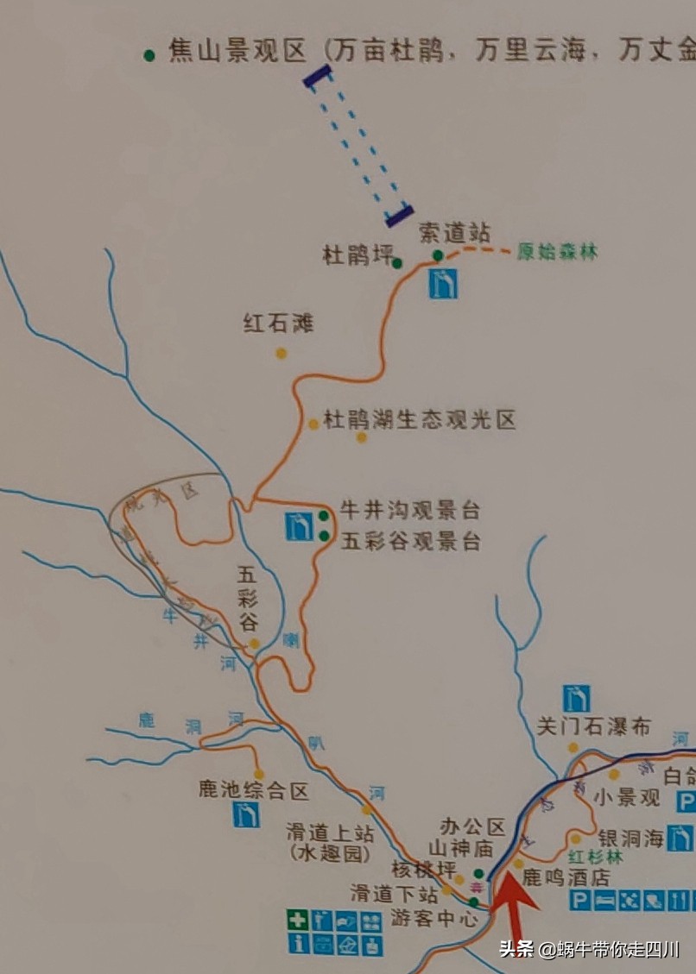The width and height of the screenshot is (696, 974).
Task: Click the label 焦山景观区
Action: [237, 53]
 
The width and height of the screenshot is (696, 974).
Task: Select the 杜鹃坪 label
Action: [357, 255]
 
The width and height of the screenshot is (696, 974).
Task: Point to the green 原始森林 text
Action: [557, 252]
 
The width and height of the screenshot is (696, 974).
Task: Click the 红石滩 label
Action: [278, 324]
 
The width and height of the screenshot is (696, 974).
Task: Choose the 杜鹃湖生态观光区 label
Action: [419, 420]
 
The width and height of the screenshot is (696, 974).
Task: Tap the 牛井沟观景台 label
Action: [410, 510]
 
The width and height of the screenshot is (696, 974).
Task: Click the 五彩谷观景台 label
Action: [410, 542]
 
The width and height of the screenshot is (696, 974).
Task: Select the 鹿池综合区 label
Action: [253, 789]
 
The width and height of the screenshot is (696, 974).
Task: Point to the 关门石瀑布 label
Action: [593, 726]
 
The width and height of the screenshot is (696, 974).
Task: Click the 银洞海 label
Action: [631, 837]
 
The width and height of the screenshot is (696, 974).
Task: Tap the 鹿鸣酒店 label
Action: [566, 877]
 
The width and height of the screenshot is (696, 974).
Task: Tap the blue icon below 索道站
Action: [443, 283]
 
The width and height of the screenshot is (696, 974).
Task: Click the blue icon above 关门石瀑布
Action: [576, 697]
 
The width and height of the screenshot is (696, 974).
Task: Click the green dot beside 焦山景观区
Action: [149, 54]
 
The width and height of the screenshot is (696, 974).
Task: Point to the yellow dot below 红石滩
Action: [281, 353]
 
